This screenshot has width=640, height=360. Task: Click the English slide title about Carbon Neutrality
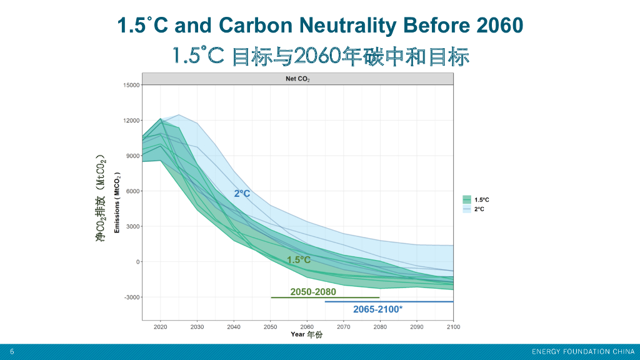320,26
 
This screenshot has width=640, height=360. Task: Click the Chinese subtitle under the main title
320,56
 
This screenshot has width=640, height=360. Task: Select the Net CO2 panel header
297,79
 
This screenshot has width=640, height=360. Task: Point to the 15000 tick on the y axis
131,85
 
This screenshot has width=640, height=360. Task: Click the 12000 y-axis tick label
131,121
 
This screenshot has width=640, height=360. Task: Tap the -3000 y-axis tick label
132,297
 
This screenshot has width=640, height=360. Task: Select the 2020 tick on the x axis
161,327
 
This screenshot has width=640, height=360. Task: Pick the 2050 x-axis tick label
271,327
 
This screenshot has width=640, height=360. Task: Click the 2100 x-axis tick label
452,327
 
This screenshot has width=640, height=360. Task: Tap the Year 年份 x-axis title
307,335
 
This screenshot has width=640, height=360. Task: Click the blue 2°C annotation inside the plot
242,194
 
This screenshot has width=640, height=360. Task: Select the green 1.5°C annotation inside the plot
298,260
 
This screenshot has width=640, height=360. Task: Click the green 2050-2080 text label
313,292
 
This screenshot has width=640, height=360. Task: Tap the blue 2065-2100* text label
377,309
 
